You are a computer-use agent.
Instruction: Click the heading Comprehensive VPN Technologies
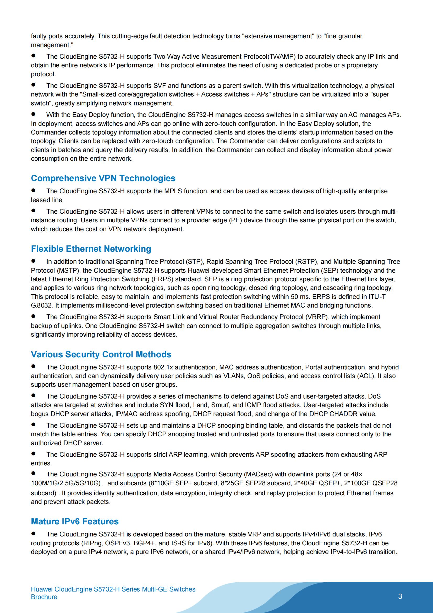click(103, 178)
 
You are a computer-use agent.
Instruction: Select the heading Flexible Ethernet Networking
click(91, 249)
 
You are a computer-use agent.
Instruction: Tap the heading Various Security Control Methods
click(101, 354)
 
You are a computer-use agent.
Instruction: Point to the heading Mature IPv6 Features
click(75, 521)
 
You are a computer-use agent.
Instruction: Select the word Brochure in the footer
click(44, 597)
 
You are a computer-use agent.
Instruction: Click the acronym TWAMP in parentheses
click(282, 57)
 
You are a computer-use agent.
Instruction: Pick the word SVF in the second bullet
click(160, 86)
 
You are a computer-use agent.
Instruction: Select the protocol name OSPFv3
click(117, 543)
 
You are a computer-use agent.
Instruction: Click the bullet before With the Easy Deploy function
click(33, 114)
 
